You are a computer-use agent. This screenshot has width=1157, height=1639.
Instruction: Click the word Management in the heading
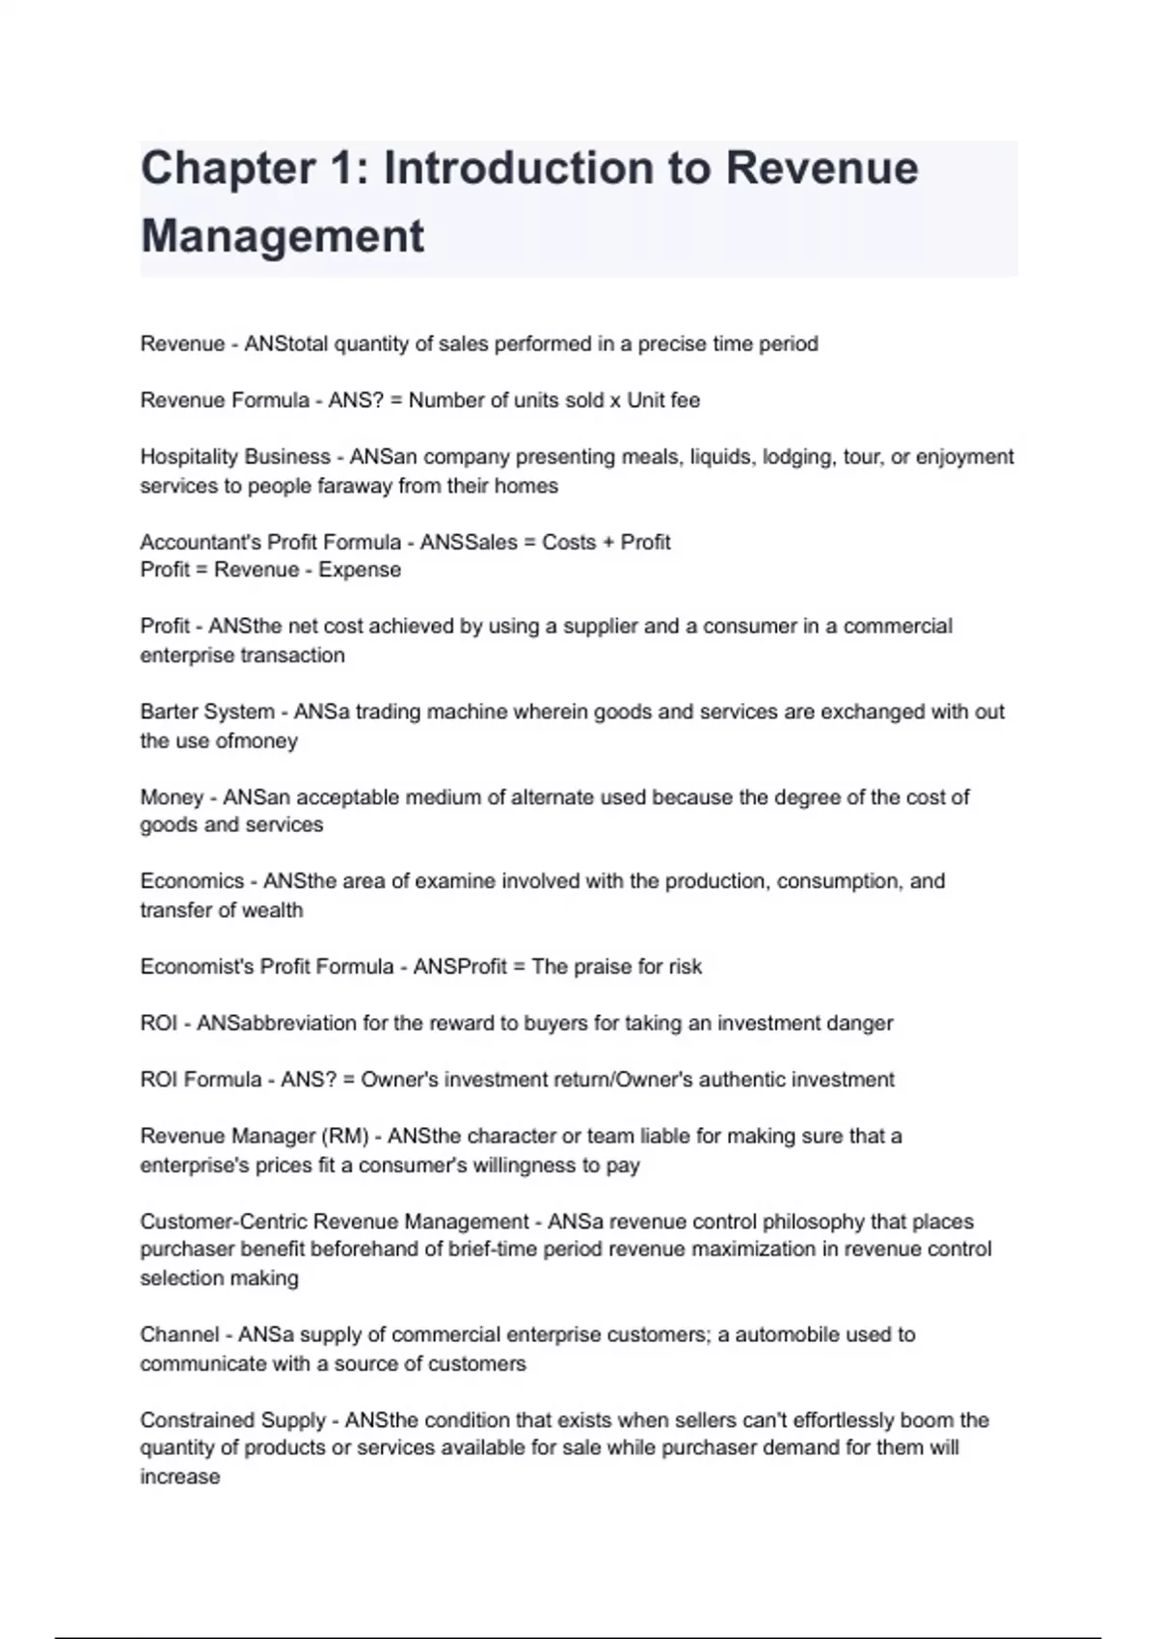(x=283, y=236)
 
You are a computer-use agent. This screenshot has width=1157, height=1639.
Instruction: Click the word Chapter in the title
(x=228, y=169)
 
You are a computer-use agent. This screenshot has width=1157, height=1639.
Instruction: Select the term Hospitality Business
(x=235, y=457)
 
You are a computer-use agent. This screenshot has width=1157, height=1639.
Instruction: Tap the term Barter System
(x=207, y=712)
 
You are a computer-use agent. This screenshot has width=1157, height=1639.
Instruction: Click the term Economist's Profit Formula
(x=266, y=967)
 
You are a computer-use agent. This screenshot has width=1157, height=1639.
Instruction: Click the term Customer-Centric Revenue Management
(x=335, y=1223)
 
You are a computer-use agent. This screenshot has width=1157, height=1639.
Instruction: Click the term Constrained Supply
(x=232, y=1420)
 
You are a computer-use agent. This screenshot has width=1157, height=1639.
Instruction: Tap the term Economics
(x=192, y=881)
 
